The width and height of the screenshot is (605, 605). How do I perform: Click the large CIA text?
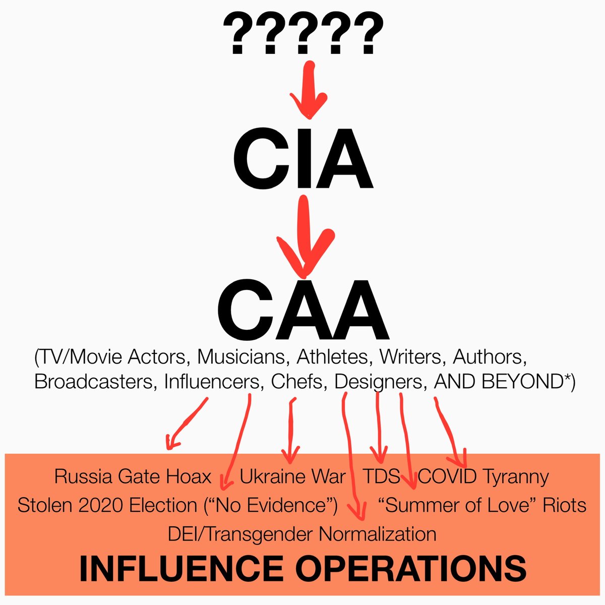point(302,161)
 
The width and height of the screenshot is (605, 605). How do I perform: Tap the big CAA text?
point(302,311)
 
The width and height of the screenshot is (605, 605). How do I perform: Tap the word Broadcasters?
point(96,382)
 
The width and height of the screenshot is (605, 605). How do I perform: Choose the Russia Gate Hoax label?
point(133,476)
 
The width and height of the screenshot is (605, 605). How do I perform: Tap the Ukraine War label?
point(292,476)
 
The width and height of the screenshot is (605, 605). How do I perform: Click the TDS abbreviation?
point(381,476)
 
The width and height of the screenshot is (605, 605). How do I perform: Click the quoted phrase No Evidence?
point(270,505)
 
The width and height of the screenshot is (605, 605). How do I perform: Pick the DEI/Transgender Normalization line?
point(302,533)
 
